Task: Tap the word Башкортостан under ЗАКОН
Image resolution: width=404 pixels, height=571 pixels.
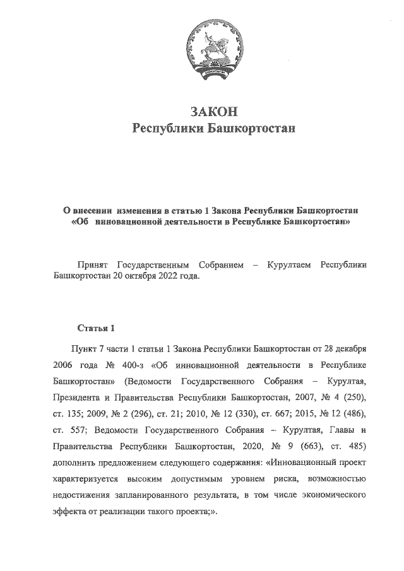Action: [x=252, y=129]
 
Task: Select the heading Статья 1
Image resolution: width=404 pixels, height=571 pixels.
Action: [x=96, y=328]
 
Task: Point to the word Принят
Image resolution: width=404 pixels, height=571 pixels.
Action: [x=91, y=266]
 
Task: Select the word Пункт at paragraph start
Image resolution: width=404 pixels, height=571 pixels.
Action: [x=87, y=348]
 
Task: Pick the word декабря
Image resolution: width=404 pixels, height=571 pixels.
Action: [x=349, y=348]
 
